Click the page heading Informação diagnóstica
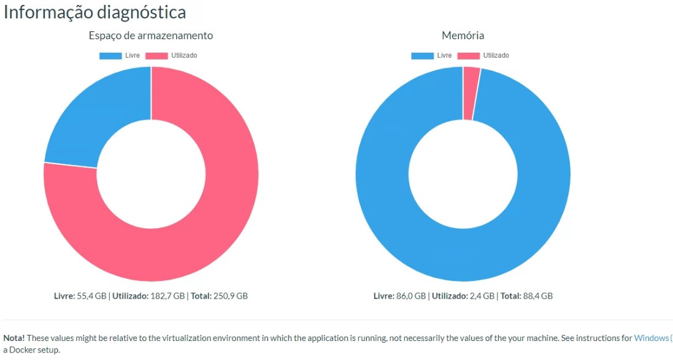click(x=95, y=12)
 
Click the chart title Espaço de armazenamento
click(x=151, y=36)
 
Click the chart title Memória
click(x=463, y=36)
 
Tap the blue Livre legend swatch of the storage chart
click(x=110, y=56)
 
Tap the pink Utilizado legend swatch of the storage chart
click(x=156, y=56)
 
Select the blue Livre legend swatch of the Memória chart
click(x=422, y=56)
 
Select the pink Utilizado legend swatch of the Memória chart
click(x=469, y=56)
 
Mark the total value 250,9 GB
click(x=230, y=296)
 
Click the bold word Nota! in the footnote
click(x=15, y=338)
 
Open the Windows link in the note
click(x=652, y=338)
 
